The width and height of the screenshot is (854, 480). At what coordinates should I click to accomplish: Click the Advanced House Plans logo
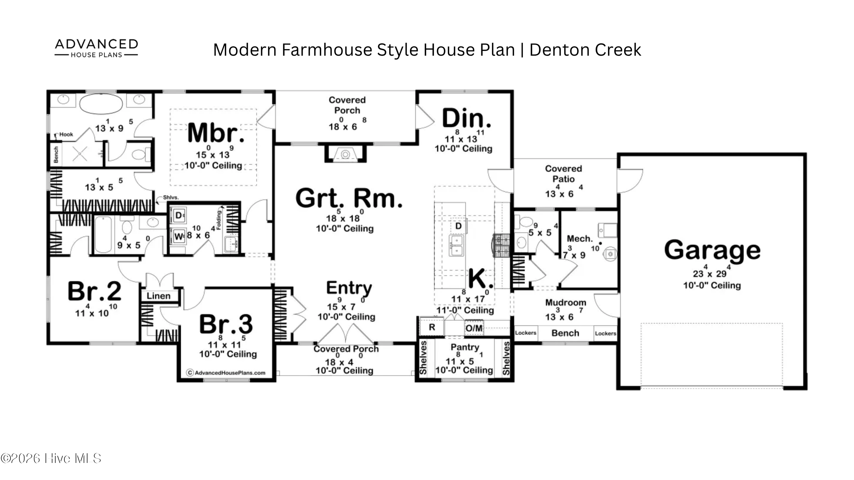point(96,48)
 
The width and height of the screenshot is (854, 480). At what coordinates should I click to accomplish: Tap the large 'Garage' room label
point(712,250)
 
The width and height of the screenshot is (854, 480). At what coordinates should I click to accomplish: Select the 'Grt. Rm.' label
point(349,198)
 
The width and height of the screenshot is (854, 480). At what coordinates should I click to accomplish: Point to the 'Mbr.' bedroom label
point(216,133)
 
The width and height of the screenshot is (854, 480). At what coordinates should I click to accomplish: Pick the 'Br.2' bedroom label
point(95,291)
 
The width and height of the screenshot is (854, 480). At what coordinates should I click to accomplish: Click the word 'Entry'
point(349,288)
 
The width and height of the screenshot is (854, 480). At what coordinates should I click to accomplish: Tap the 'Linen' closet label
point(159,296)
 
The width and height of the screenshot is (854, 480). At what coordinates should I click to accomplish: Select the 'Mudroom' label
point(566,302)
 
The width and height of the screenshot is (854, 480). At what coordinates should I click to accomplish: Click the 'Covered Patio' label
point(563,174)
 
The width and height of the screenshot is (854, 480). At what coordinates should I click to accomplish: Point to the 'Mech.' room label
point(580,238)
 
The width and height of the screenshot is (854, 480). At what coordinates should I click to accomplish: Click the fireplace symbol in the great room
point(346,154)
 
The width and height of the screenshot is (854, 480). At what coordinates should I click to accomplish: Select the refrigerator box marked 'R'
point(432,327)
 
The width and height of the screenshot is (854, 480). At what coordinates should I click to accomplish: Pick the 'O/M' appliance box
point(474,328)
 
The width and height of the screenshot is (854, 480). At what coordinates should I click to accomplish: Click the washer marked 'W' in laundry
point(179,236)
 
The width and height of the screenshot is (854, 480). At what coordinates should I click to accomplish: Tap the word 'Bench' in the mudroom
point(565,333)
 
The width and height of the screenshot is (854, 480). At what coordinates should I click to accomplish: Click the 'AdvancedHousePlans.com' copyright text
point(226,373)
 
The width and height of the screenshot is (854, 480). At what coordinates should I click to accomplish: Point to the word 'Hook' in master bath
point(66,135)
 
